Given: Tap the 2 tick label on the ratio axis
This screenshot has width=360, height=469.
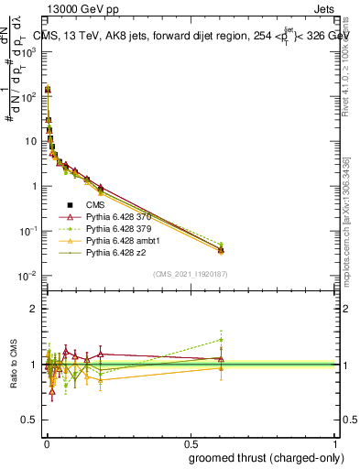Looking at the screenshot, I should (x=34, y=309).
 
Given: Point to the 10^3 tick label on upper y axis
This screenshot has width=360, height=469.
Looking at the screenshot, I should (x=28, y=51).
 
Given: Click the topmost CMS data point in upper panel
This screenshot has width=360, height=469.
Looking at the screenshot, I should (x=48, y=90).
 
